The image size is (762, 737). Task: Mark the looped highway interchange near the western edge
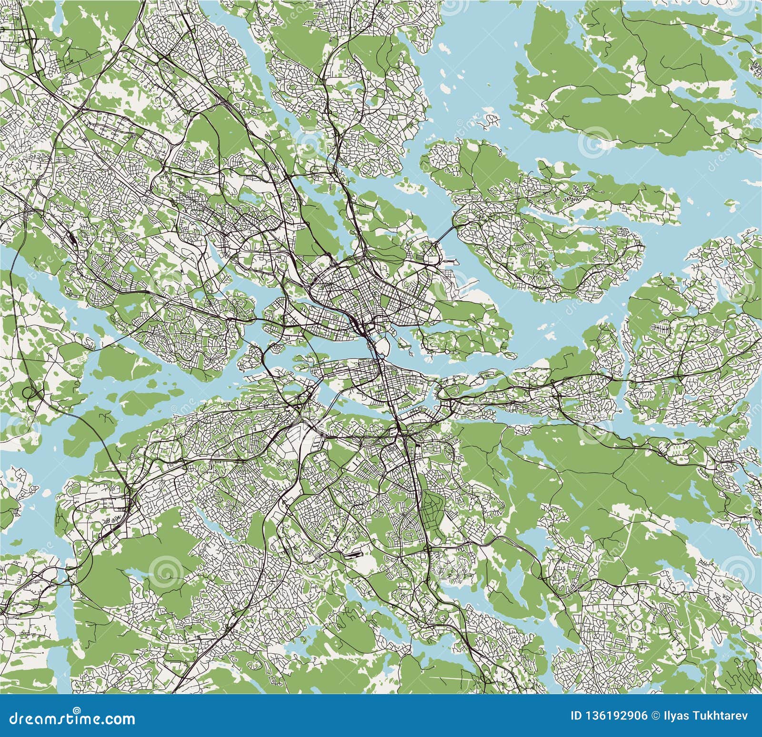[x=30, y=394]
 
